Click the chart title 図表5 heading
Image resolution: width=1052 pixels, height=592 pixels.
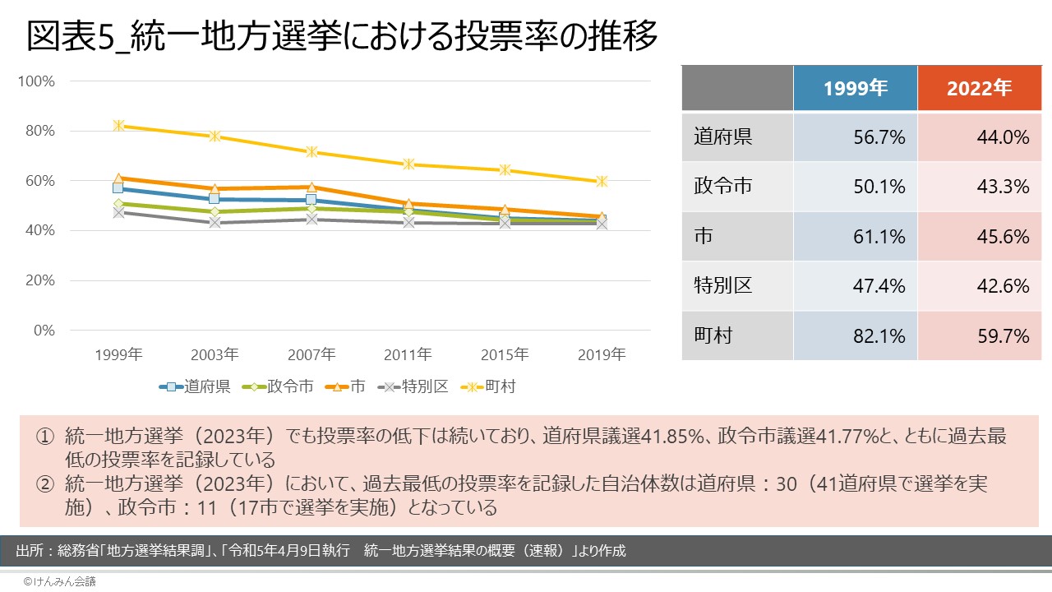pyautogui.click(x=342, y=36)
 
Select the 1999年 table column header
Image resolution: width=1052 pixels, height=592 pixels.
pyautogui.click(x=855, y=89)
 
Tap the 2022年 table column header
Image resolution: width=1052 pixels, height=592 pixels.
pyautogui.click(x=979, y=89)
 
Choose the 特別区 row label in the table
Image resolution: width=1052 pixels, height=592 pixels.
pyautogui.click(x=722, y=286)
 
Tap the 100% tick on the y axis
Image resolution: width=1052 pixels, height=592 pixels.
pyautogui.click(x=36, y=81)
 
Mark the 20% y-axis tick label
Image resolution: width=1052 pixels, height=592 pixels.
pyautogui.click(x=39, y=280)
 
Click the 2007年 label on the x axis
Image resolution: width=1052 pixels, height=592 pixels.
pyautogui.click(x=311, y=355)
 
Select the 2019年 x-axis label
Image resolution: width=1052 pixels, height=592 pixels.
pyautogui.click(x=602, y=355)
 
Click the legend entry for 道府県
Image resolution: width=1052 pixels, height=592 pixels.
pyautogui.click(x=196, y=386)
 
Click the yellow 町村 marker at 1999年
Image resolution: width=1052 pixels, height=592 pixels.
pyautogui.click(x=119, y=126)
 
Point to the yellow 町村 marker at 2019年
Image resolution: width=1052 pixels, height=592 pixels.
pyautogui.click(x=602, y=181)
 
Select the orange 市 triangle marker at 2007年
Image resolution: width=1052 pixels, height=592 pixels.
pyautogui.click(x=311, y=187)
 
